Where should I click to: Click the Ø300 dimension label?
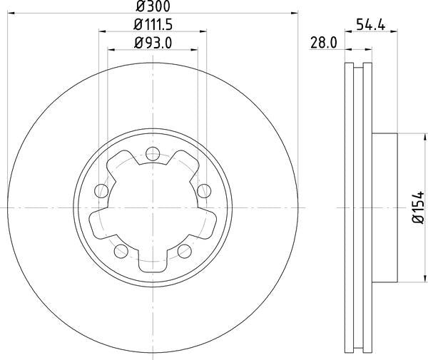[x=153, y=6]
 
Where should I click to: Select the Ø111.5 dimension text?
[x=153, y=25]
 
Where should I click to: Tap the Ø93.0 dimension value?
[x=153, y=43]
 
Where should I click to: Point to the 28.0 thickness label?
[x=323, y=43]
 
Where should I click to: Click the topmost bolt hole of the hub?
[x=153, y=152]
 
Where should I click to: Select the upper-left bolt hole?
[x=101, y=190]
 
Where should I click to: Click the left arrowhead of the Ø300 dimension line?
[x=14, y=13]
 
